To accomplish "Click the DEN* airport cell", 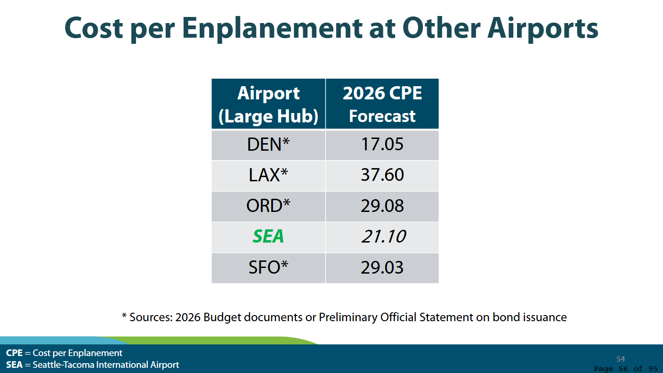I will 268,145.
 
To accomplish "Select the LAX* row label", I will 268,175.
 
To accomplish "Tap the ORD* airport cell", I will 268,206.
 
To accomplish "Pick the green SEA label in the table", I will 268,236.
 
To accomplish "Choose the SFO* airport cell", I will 268,268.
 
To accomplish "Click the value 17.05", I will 382,145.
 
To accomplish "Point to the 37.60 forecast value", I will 382,175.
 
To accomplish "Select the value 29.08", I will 382,206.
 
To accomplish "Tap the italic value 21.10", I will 383,236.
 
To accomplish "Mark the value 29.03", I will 382,268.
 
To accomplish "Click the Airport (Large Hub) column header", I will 268,105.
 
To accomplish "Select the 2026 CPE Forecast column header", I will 382,105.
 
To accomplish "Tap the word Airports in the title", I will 542,28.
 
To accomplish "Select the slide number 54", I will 621,359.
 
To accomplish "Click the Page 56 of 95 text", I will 625,369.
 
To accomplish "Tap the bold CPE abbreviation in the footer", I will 14,353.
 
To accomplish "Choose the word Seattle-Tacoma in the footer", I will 63,365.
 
